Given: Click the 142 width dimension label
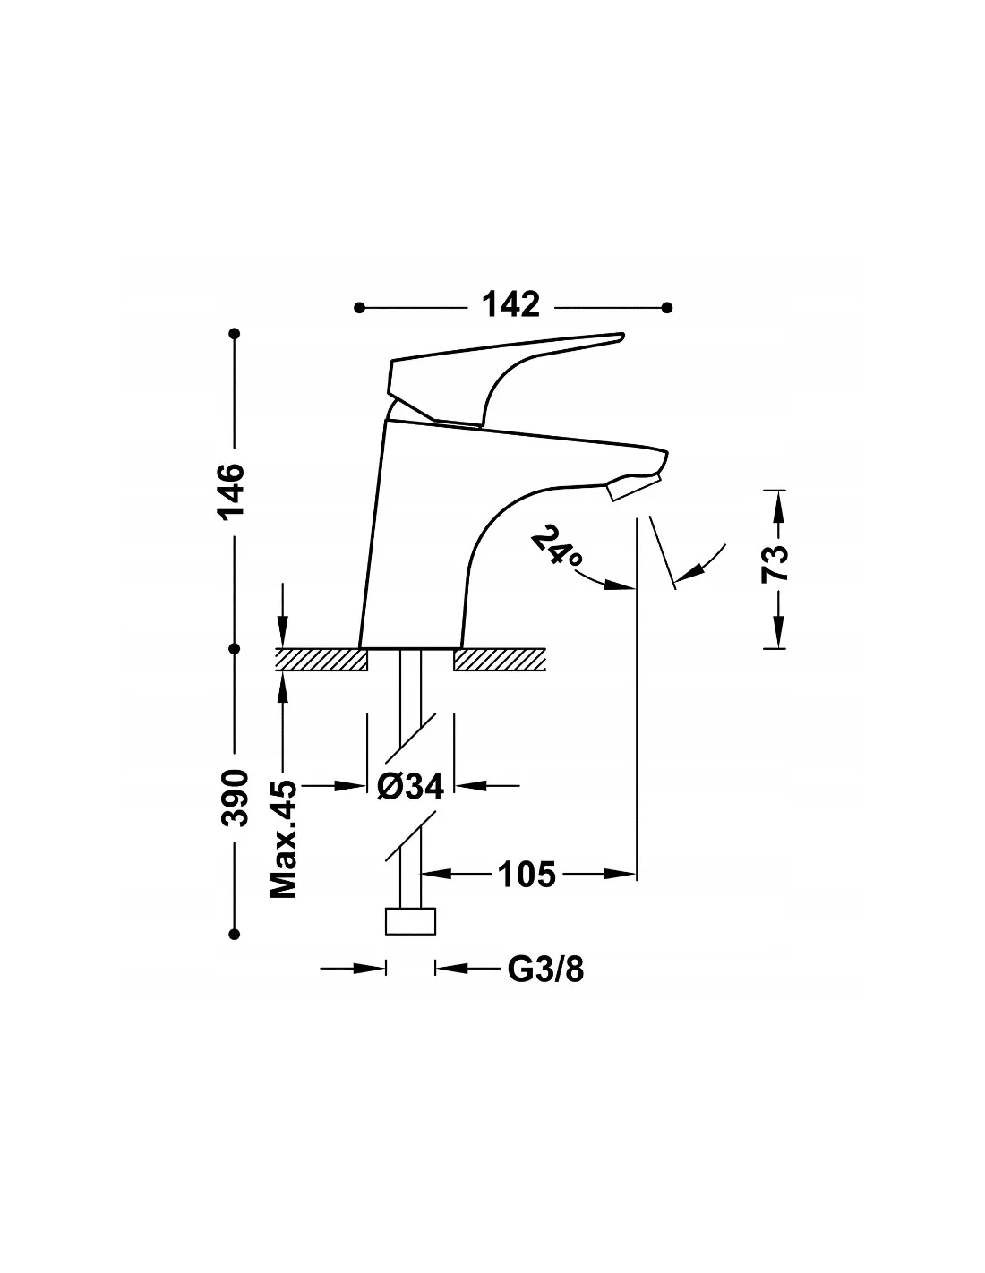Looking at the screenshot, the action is pyautogui.click(x=510, y=305).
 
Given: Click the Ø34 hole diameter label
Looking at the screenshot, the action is pyautogui.click(x=410, y=786).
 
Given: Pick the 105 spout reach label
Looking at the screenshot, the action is pyautogui.click(x=527, y=875).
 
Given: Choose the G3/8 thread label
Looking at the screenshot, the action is pyautogui.click(x=545, y=970).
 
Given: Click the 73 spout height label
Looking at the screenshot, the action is pyautogui.click(x=774, y=564).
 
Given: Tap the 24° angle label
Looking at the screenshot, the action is pyautogui.click(x=556, y=544).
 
